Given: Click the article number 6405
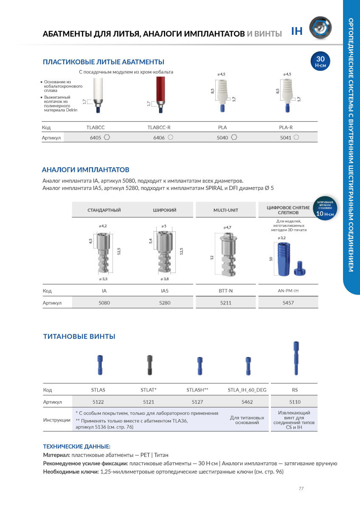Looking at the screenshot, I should (95, 138).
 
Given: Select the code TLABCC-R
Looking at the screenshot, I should (159, 127).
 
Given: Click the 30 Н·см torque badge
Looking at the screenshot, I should (321, 62).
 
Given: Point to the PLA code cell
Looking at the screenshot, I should (222, 127).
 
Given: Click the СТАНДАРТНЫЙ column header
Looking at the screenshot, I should (104, 210).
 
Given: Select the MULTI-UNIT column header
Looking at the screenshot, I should (226, 210).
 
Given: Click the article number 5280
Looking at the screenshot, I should (165, 303).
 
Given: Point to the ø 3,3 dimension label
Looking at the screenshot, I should (103, 279).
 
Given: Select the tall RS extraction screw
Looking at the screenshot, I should (293, 359).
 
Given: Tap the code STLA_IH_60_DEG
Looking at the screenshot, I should (247, 390).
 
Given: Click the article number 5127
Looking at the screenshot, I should (197, 401).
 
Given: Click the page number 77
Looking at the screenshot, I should (301, 489).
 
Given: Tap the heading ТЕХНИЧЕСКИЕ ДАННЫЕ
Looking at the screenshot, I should (76, 447).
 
